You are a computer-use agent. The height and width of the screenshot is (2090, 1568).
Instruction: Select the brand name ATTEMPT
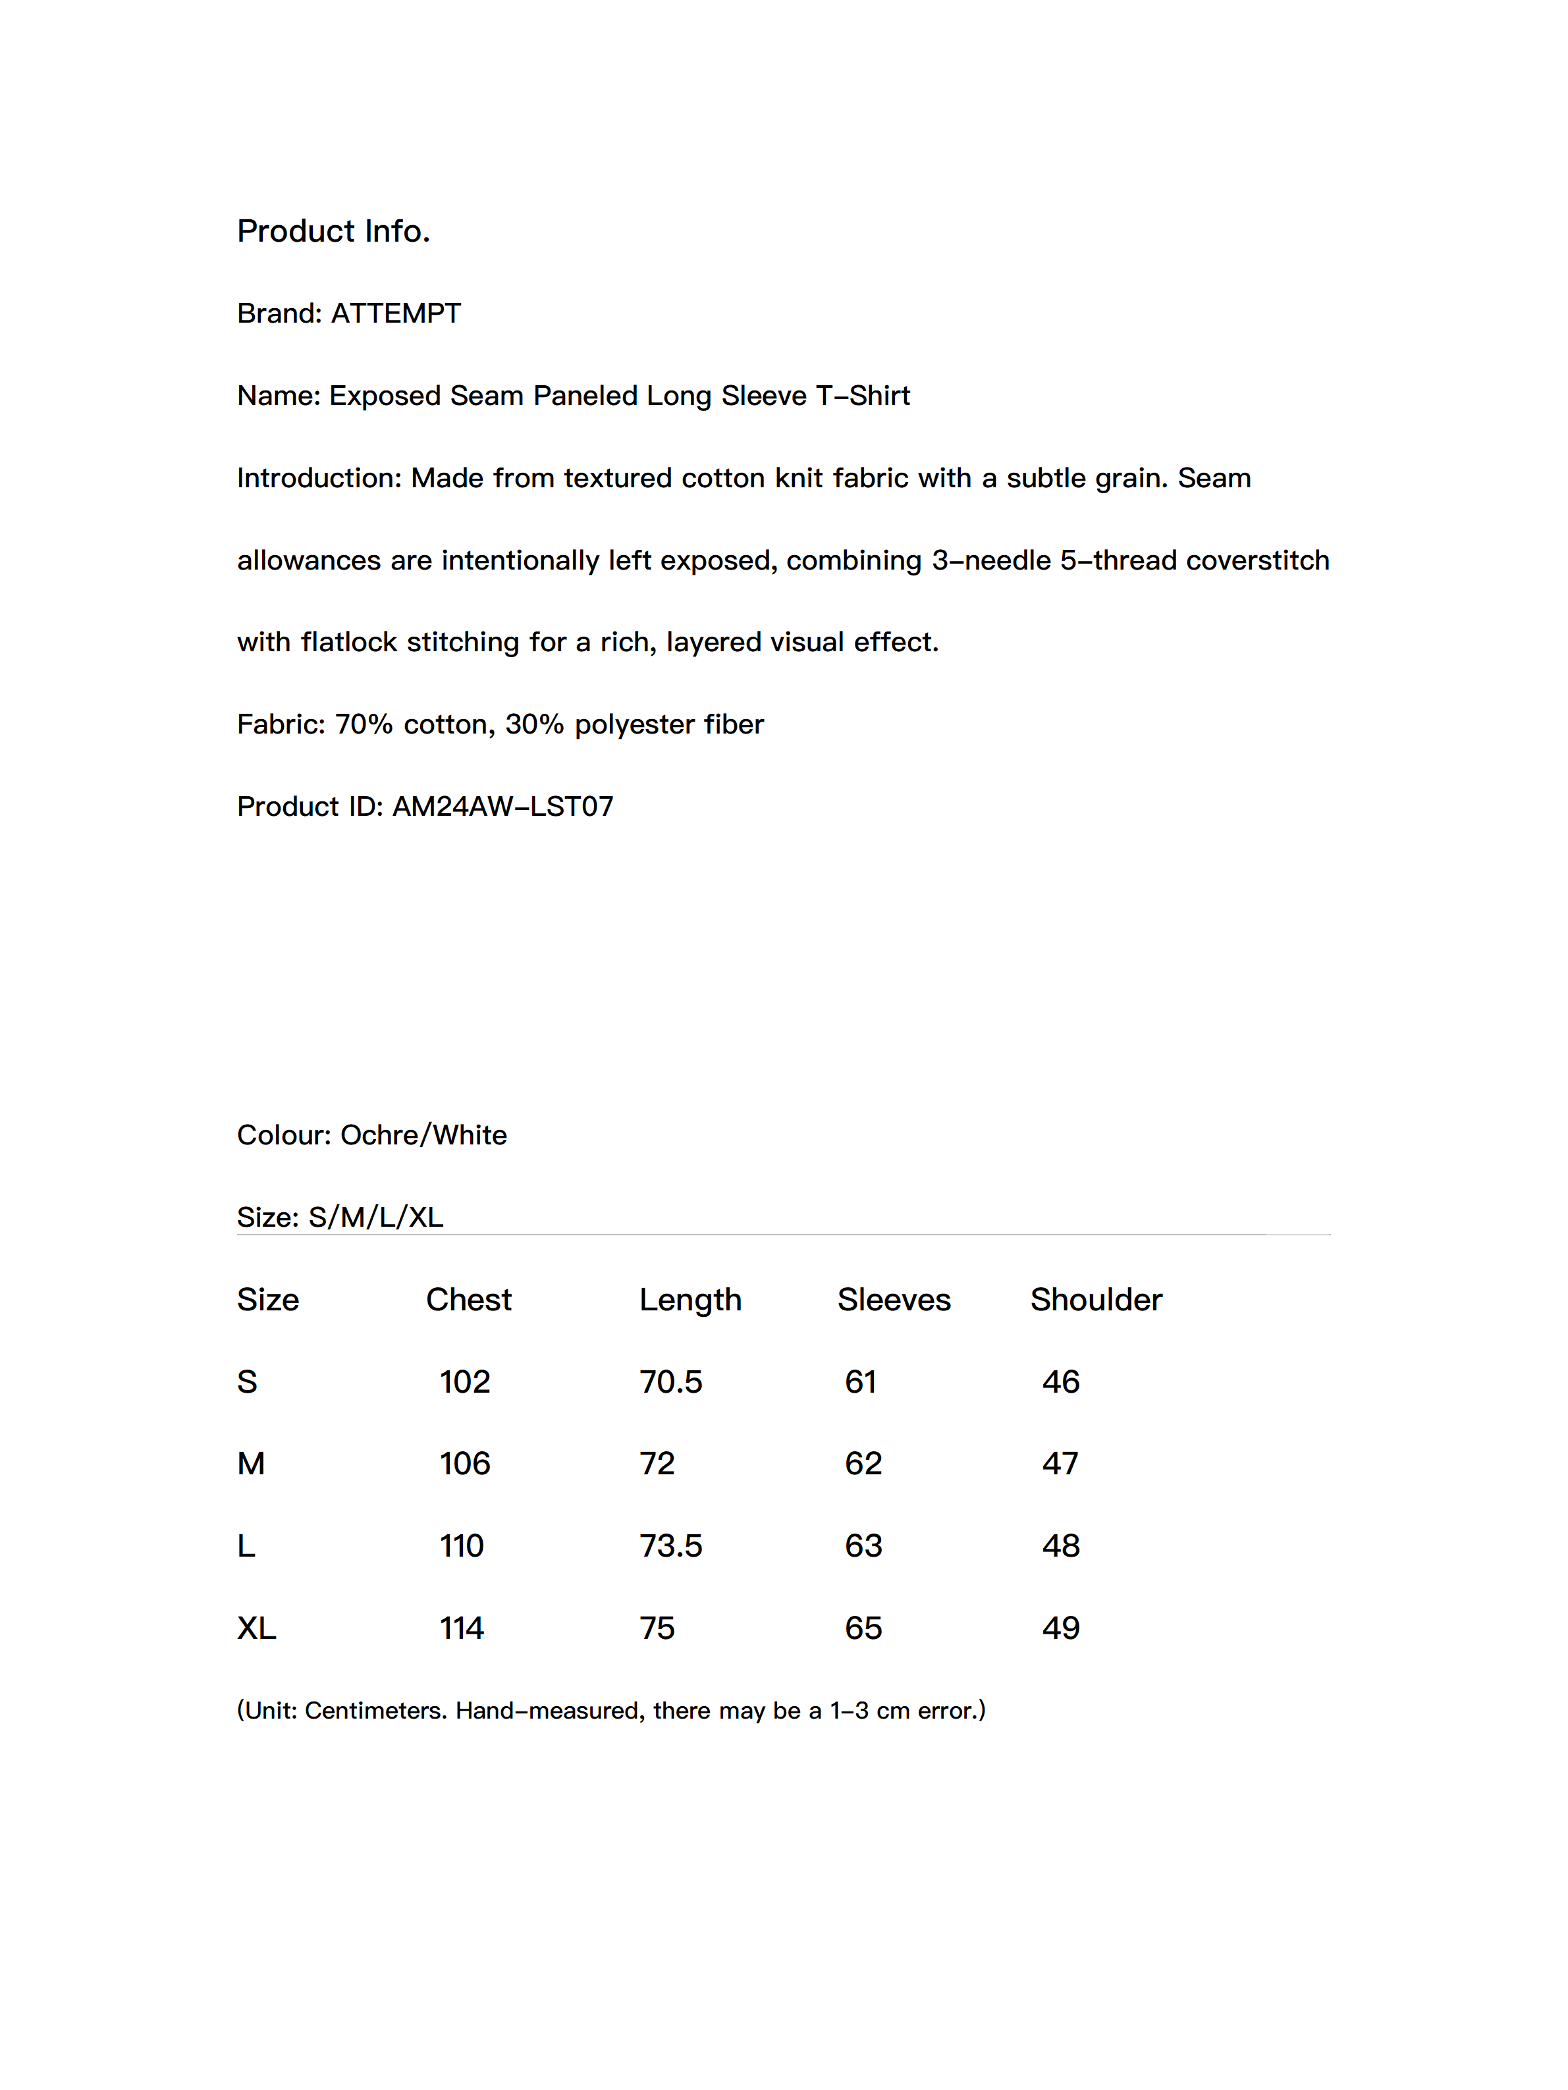coord(395,313)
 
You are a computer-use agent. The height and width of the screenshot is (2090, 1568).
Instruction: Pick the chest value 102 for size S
coord(464,1381)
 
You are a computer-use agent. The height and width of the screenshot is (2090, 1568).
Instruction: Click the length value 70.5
coord(670,1381)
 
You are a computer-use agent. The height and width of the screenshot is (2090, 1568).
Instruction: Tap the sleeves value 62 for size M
coord(863,1464)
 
